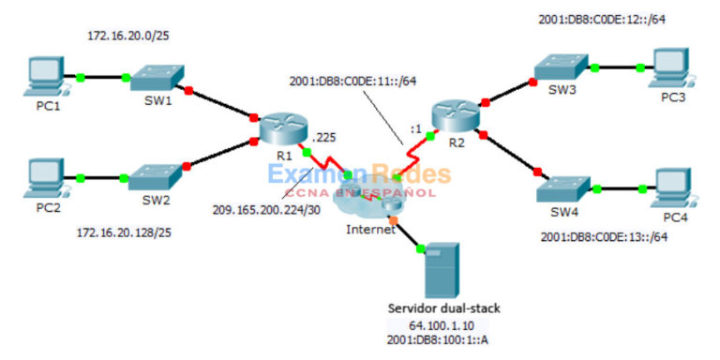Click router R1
click(x=278, y=129)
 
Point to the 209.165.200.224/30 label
click(x=264, y=210)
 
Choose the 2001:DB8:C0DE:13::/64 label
click(x=604, y=236)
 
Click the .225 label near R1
click(x=324, y=137)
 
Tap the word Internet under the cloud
click(x=370, y=229)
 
